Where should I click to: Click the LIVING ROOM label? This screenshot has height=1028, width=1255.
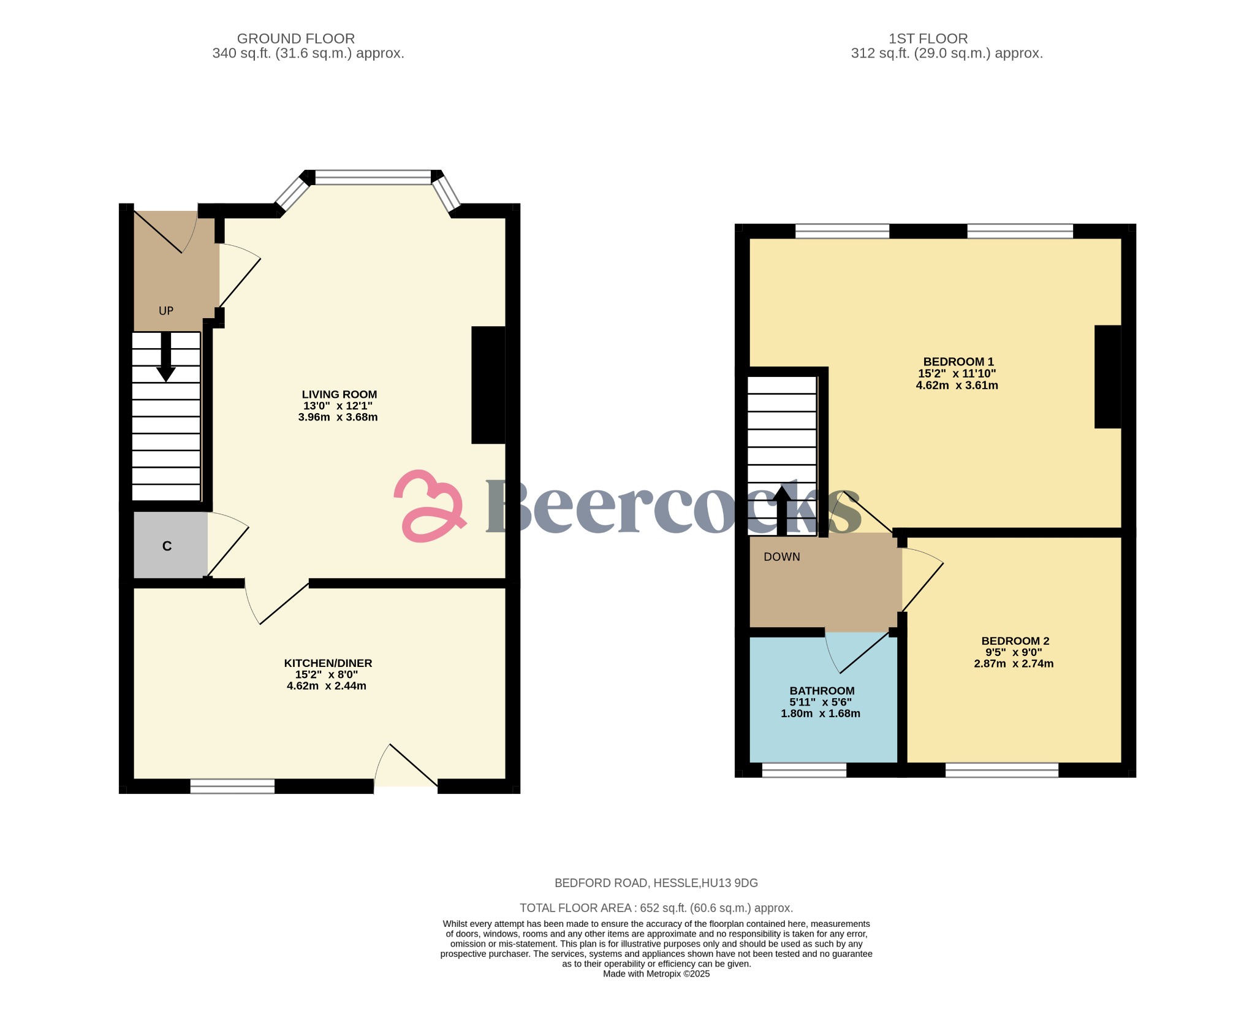tap(339, 394)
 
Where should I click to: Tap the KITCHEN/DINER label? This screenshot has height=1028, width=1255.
tap(328, 663)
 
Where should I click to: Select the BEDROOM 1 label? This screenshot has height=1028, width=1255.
tap(958, 361)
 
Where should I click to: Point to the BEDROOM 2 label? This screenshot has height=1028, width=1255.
tap(1015, 641)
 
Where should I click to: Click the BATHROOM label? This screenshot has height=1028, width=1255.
tap(821, 690)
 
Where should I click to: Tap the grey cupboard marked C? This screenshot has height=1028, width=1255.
tap(168, 546)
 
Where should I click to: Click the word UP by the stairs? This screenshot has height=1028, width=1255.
tap(166, 311)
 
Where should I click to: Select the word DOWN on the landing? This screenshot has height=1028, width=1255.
tap(781, 557)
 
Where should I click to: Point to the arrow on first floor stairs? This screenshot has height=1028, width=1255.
tap(781, 508)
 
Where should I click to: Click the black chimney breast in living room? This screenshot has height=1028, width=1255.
tap(488, 384)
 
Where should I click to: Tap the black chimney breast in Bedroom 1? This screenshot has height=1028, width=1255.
tap(1107, 376)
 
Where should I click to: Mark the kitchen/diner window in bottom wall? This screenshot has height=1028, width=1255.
tap(232, 786)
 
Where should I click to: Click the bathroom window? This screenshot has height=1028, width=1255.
tap(804, 771)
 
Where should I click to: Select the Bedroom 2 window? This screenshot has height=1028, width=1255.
tap(1001, 771)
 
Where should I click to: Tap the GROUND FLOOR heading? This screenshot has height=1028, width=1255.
tap(295, 39)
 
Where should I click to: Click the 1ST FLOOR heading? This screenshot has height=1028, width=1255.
tap(928, 39)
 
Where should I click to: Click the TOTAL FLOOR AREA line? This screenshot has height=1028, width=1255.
tap(656, 908)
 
